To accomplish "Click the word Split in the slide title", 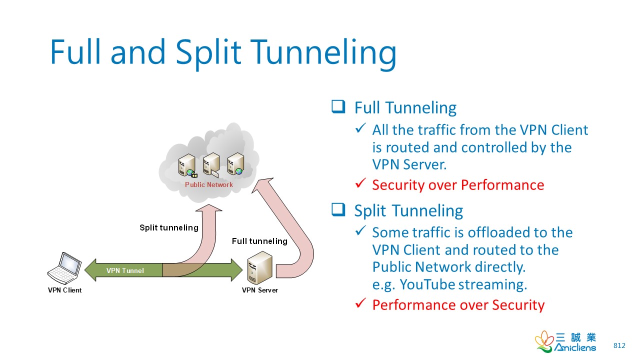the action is click(208, 52).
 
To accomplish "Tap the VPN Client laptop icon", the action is click(64, 268).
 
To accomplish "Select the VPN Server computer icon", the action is click(259, 267).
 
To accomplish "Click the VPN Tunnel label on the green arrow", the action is click(125, 270).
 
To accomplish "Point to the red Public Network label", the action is click(209, 184).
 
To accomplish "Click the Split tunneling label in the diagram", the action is click(169, 227).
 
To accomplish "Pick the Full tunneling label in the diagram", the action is click(259, 241).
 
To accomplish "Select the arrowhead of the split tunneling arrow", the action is click(209, 208).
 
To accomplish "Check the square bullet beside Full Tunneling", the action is click(338, 107).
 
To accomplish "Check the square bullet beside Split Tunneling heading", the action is click(338, 209).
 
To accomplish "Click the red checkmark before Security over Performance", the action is click(360, 183).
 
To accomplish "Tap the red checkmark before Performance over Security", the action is click(360, 303).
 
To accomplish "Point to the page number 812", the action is click(619, 345).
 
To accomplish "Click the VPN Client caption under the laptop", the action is click(65, 290).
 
